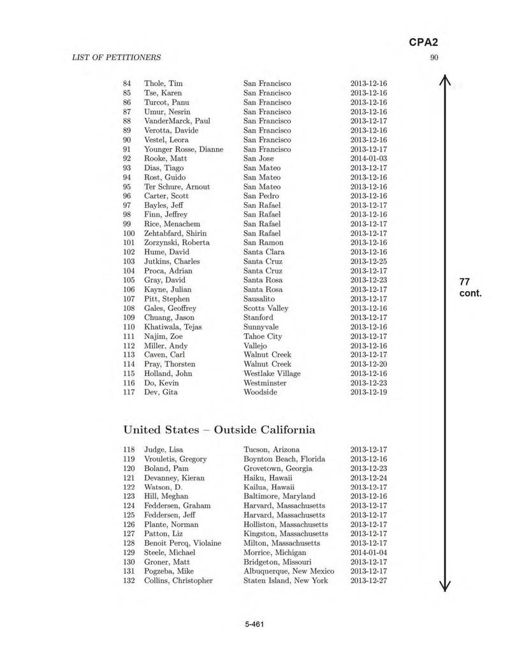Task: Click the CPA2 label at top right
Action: [x=423, y=43]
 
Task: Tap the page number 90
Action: [x=434, y=57]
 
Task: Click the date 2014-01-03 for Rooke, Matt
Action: [x=368, y=159]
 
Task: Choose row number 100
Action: [x=129, y=233]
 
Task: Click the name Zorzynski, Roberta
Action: [x=177, y=243]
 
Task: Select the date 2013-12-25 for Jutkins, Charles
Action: [x=368, y=261]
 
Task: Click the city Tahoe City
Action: [x=263, y=337]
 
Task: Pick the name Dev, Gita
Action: [x=161, y=393]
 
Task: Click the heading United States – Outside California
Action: [x=219, y=430]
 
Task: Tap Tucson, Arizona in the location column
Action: [x=272, y=449]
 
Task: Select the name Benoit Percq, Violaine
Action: [x=183, y=543]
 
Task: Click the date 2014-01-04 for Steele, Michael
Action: [x=368, y=553]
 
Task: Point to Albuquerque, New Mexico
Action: [x=289, y=571]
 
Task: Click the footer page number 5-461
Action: [x=254, y=624]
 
